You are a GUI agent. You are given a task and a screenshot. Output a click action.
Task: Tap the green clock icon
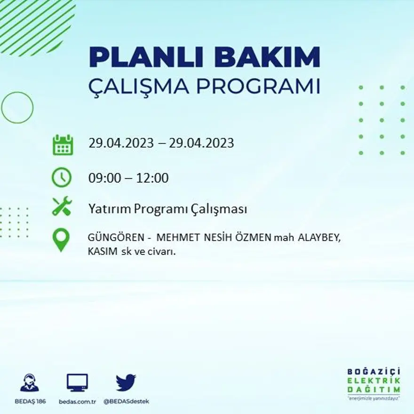62,177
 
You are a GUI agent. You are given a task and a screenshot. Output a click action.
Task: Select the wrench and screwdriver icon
62,207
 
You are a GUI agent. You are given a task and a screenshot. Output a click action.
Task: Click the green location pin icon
61,239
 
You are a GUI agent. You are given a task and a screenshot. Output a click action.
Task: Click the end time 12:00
152,178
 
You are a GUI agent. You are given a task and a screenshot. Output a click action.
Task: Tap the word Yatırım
109,210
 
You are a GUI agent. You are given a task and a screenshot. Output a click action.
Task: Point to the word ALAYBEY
318,238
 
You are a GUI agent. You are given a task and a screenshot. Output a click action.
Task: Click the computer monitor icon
77,382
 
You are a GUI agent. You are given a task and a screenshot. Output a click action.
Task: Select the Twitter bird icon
126,382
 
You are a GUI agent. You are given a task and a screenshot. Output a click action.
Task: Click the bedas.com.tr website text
78,401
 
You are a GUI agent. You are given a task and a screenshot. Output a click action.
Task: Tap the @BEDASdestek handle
126,401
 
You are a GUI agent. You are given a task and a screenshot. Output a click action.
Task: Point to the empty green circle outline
17,108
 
